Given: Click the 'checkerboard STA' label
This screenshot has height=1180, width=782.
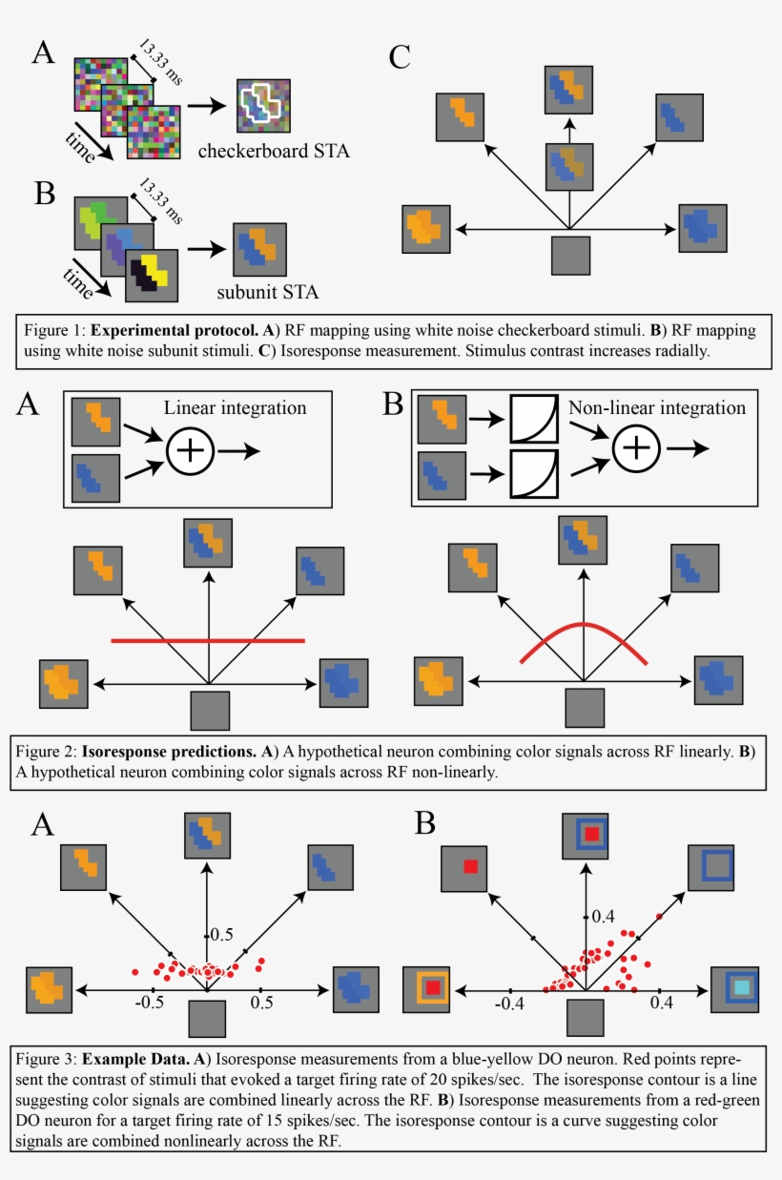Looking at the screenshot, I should [x=267, y=150].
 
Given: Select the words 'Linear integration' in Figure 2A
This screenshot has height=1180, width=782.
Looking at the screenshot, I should [x=235, y=407].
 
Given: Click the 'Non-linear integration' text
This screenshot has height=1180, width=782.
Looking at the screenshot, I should [x=657, y=407].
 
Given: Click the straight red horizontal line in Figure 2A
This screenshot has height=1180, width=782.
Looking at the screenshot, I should [x=208, y=640].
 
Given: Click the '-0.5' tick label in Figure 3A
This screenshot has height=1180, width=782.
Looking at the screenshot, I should [x=151, y=1004].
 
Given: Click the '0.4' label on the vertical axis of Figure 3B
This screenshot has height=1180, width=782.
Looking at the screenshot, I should [x=603, y=917].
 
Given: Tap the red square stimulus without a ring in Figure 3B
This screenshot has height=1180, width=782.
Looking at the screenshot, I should [x=470, y=866].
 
